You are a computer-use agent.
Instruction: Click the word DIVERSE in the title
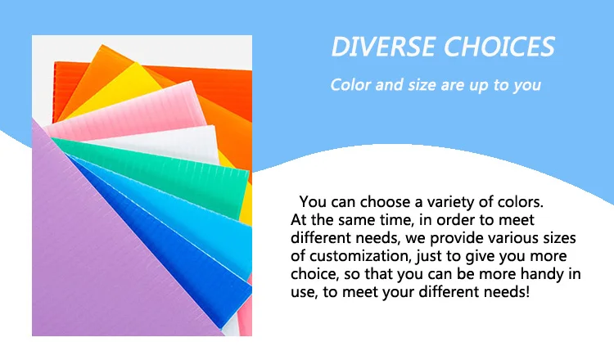click(384, 47)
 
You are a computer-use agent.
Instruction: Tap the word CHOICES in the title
click(499, 47)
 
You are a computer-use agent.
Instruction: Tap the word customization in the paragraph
click(360, 256)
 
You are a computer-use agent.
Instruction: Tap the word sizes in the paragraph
click(560, 238)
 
